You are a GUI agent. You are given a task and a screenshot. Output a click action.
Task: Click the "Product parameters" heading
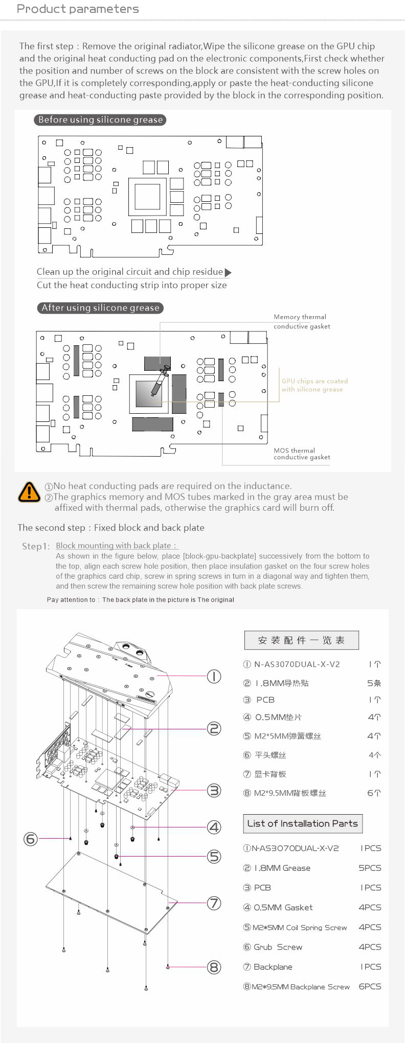[78, 9]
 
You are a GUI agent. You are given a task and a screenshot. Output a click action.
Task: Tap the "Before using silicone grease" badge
[101, 120]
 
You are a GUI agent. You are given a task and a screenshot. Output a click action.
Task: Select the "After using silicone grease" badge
[100, 308]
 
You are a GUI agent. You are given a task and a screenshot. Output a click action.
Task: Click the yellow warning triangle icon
[29, 491]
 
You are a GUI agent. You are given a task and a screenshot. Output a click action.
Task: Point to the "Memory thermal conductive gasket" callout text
[302, 322]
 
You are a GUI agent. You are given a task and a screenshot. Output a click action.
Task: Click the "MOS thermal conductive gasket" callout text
[302, 454]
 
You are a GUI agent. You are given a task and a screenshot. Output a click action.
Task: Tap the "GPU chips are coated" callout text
[314, 381]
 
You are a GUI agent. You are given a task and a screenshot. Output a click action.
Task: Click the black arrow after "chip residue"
[228, 272]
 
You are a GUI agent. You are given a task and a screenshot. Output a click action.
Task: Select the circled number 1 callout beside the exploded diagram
[214, 676]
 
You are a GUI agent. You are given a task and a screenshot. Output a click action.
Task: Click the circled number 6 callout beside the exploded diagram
[31, 838]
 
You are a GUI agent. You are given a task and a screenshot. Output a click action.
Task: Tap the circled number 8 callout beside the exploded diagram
[214, 967]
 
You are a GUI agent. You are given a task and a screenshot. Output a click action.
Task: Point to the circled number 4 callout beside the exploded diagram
[214, 827]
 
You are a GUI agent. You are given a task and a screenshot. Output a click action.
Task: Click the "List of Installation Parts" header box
[302, 823]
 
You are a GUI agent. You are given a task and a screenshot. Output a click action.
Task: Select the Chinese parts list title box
[301, 640]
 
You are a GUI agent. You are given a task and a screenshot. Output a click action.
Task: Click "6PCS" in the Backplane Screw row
[370, 986]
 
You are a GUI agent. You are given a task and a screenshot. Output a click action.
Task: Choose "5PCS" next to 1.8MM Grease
[370, 868]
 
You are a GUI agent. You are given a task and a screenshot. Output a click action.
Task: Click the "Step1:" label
[36, 547]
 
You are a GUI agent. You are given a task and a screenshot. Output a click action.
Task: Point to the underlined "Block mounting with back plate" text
[116, 546]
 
